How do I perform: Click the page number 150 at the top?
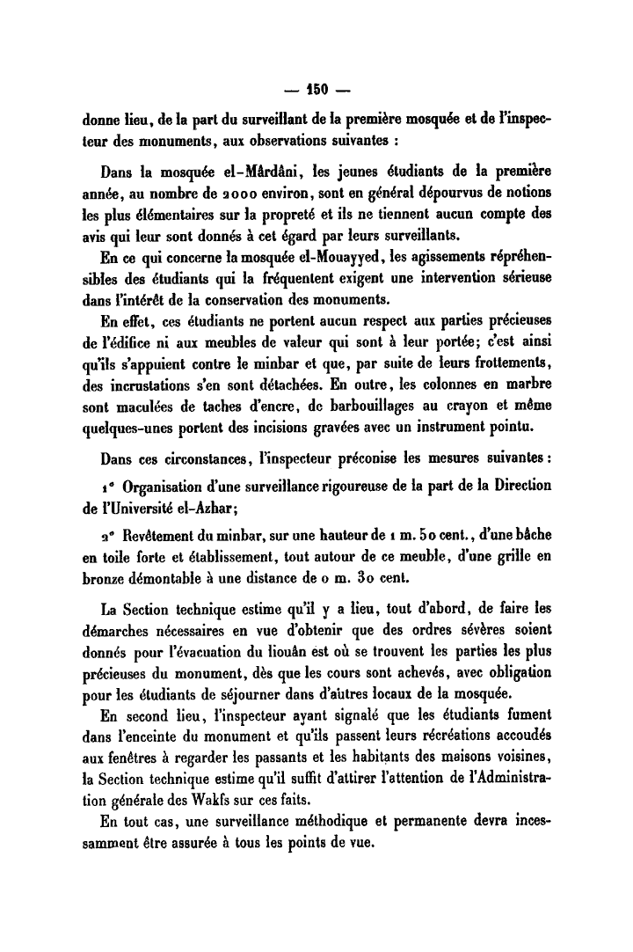click(316, 89)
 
